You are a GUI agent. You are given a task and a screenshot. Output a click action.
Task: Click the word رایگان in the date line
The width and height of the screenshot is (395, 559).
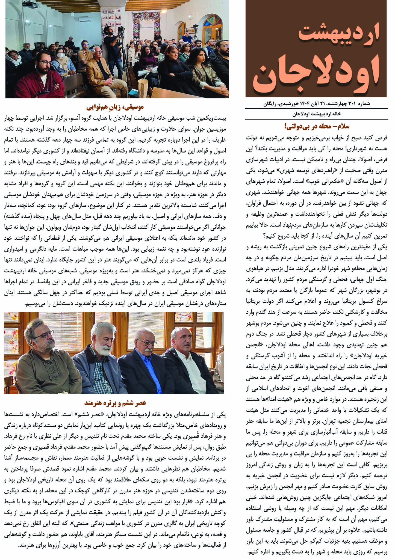click(x=270, y=104)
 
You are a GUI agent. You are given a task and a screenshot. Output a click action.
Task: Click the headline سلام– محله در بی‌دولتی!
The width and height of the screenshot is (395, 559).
click(x=317, y=126)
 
